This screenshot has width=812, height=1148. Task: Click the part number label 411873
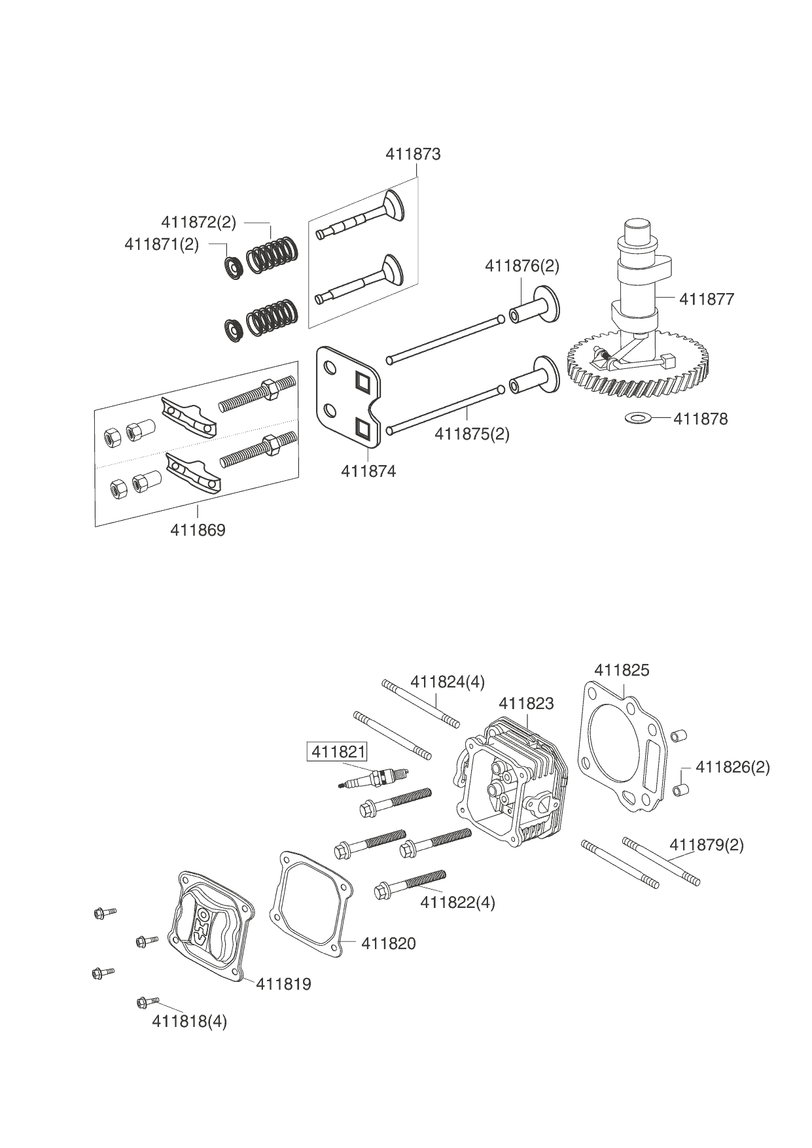[413, 154]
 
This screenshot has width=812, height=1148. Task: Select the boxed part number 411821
[338, 752]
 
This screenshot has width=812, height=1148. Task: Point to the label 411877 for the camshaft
[707, 300]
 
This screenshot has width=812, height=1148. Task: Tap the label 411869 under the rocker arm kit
[198, 530]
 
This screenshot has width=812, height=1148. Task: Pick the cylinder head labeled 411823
[510, 785]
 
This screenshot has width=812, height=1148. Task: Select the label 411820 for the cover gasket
[389, 943]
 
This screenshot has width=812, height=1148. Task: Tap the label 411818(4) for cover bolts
[189, 1021]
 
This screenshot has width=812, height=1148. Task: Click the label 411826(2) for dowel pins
[733, 767]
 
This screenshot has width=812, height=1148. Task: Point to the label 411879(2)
[707, 845]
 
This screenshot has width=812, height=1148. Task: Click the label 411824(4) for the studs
[448, 682]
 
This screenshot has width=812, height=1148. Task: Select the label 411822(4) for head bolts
[457, 903]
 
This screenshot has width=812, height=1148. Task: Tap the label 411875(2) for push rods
[472, 434]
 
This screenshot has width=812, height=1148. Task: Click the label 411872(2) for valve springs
[198, 222]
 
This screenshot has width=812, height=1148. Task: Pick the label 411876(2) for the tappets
[522, 266]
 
